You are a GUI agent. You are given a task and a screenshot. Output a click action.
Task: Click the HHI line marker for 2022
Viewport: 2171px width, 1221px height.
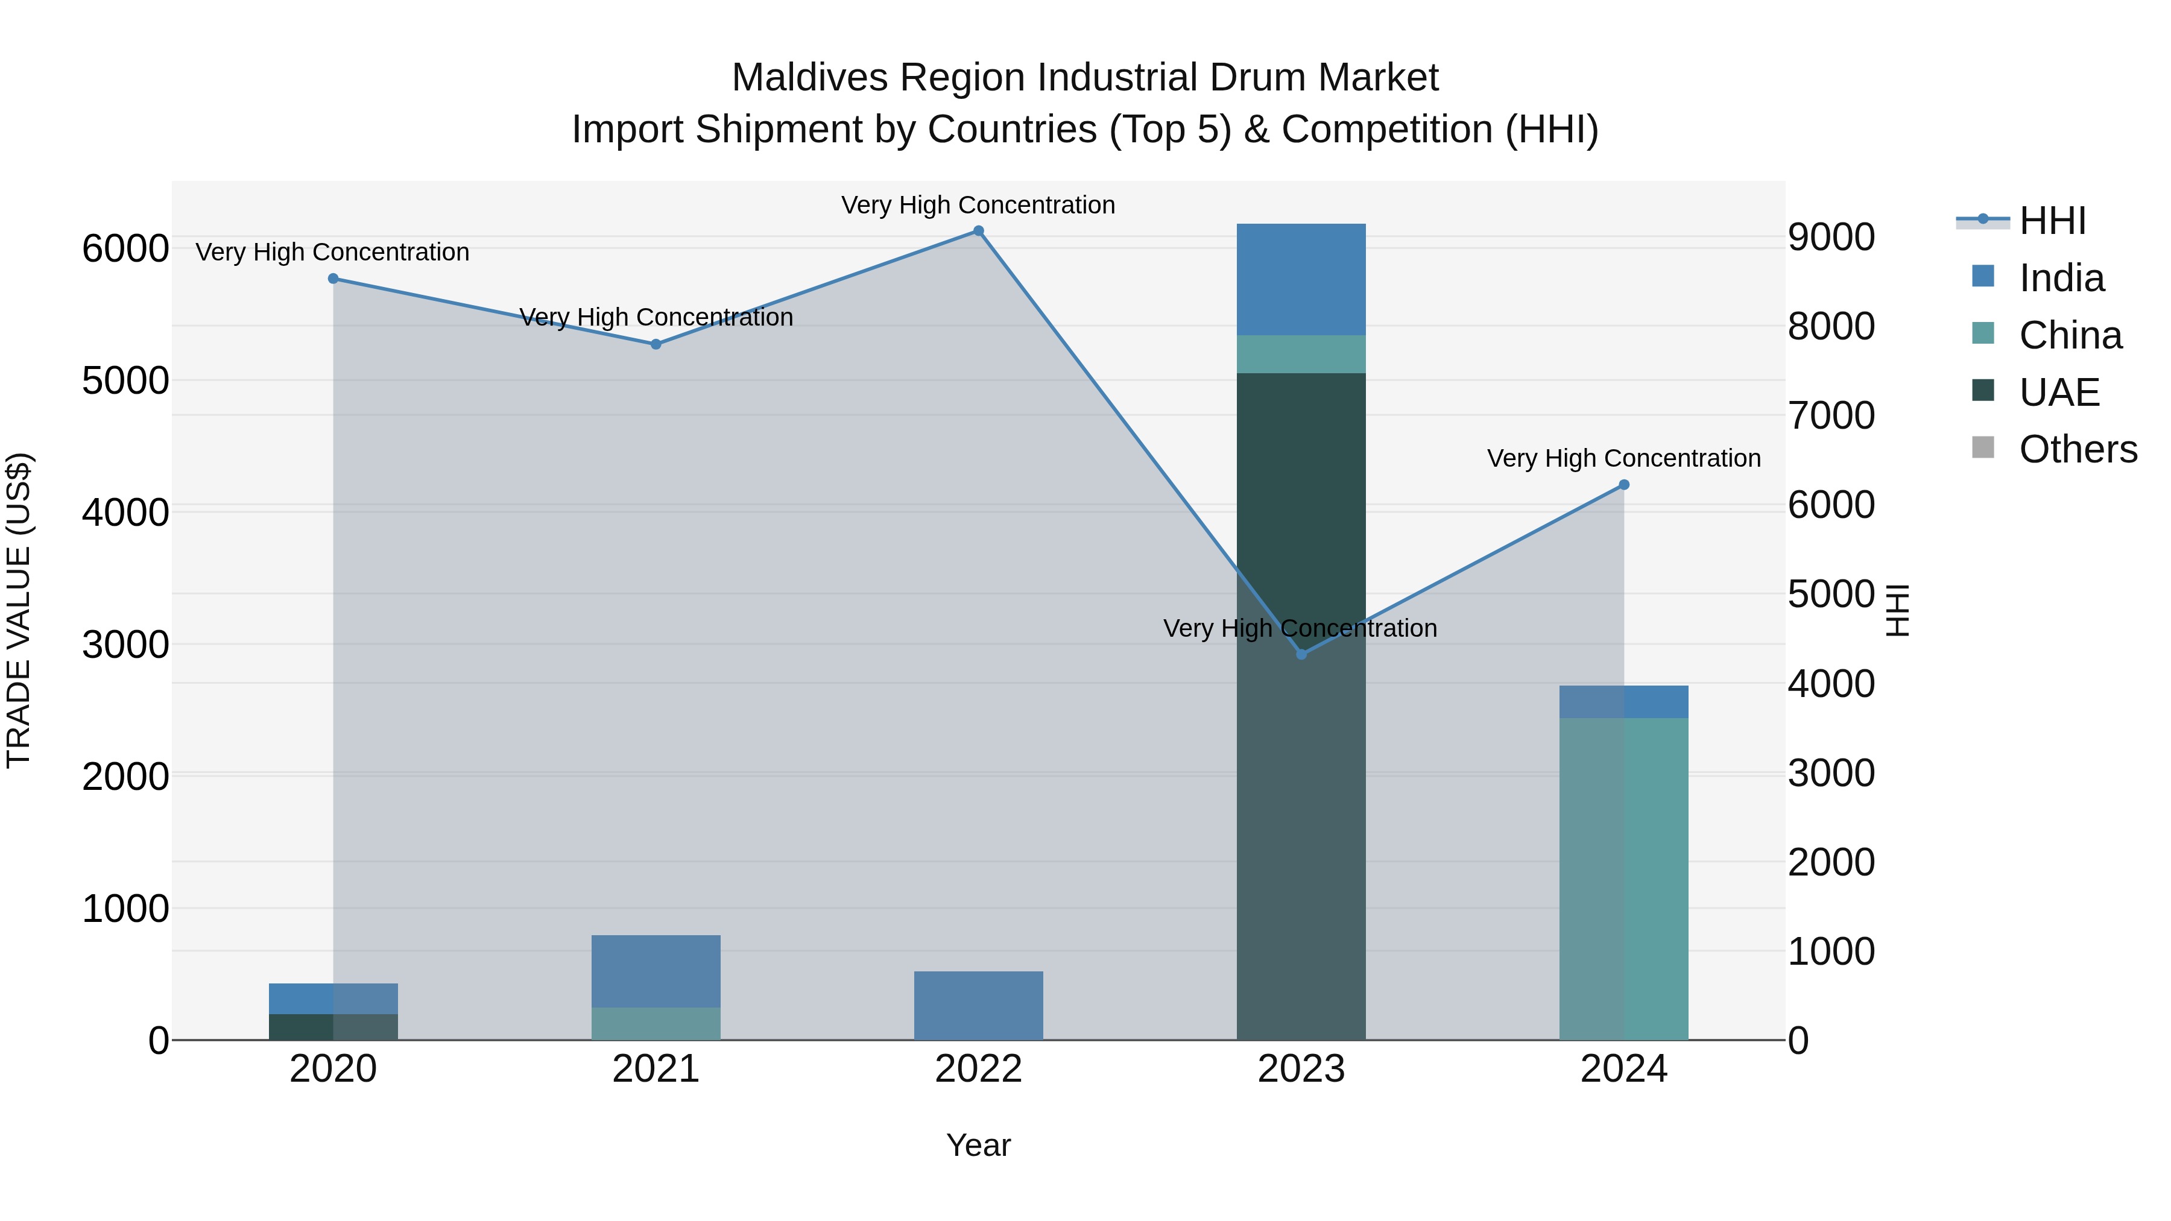pyautogui.click(x=979, y=231)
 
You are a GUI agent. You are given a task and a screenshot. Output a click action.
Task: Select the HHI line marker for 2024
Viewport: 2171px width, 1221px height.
pyautogui.click(x=1624, y=485)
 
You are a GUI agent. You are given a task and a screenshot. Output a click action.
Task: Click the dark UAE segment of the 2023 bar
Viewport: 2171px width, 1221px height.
pyautogui.click(x=1301, y=506)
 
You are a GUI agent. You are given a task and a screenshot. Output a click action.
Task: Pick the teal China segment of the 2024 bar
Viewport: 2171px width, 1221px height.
pyautogui.click(x=1624, y=876)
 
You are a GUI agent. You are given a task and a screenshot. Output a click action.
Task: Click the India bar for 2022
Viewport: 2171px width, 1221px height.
pyautogui.click(x=979, y=1005)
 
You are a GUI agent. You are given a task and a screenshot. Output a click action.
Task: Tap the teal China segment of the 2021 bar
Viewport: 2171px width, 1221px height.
pyautogui.click(x=656, y=1024)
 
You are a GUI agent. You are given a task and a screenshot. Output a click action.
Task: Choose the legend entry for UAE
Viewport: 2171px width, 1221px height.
pyautogui.click(x=2059, y=393)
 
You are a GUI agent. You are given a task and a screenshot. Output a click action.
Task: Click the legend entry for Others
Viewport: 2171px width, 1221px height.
pyautogui.click(x=2078, y=450)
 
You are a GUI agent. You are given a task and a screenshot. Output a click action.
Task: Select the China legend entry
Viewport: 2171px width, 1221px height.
pyautogui.click(x=2070, y=335)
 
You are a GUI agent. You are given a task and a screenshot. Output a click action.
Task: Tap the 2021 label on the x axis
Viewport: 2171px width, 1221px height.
pyautogui.click(x=656, y=1069)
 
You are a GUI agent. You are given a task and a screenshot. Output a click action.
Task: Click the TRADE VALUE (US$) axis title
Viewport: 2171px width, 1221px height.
pyautogui.click(x=19, y=610)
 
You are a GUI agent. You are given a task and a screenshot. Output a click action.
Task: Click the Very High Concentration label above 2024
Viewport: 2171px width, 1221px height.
pyautogui.click(x=1624, y=458)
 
